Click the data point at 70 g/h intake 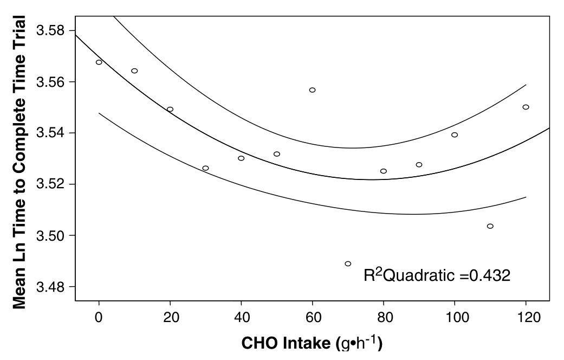click(x=348, y=263)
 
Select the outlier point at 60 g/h click(x=312, y=90)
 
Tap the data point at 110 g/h click(x=490, y=226)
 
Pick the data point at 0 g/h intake click(x=99, y=62)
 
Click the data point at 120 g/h click(x=526, y=107)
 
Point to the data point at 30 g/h click(x=205, y=168)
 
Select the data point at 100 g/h click(x=455, y=134)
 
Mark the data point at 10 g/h click(x=134, y=71)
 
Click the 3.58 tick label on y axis click(x=50, y=30)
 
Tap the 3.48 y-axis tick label click(x=50, y=287)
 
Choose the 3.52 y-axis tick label click(x=50, y=184)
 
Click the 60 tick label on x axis click(x=312, y=317)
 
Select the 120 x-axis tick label click(x=526, y=317)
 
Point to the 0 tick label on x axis click(x=99, y=317)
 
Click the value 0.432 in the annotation click(x=490, y=276)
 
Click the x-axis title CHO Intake click(x=287, y=343)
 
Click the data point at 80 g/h click(x=384, y=171)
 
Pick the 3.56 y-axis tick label click(x=50, y=82)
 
